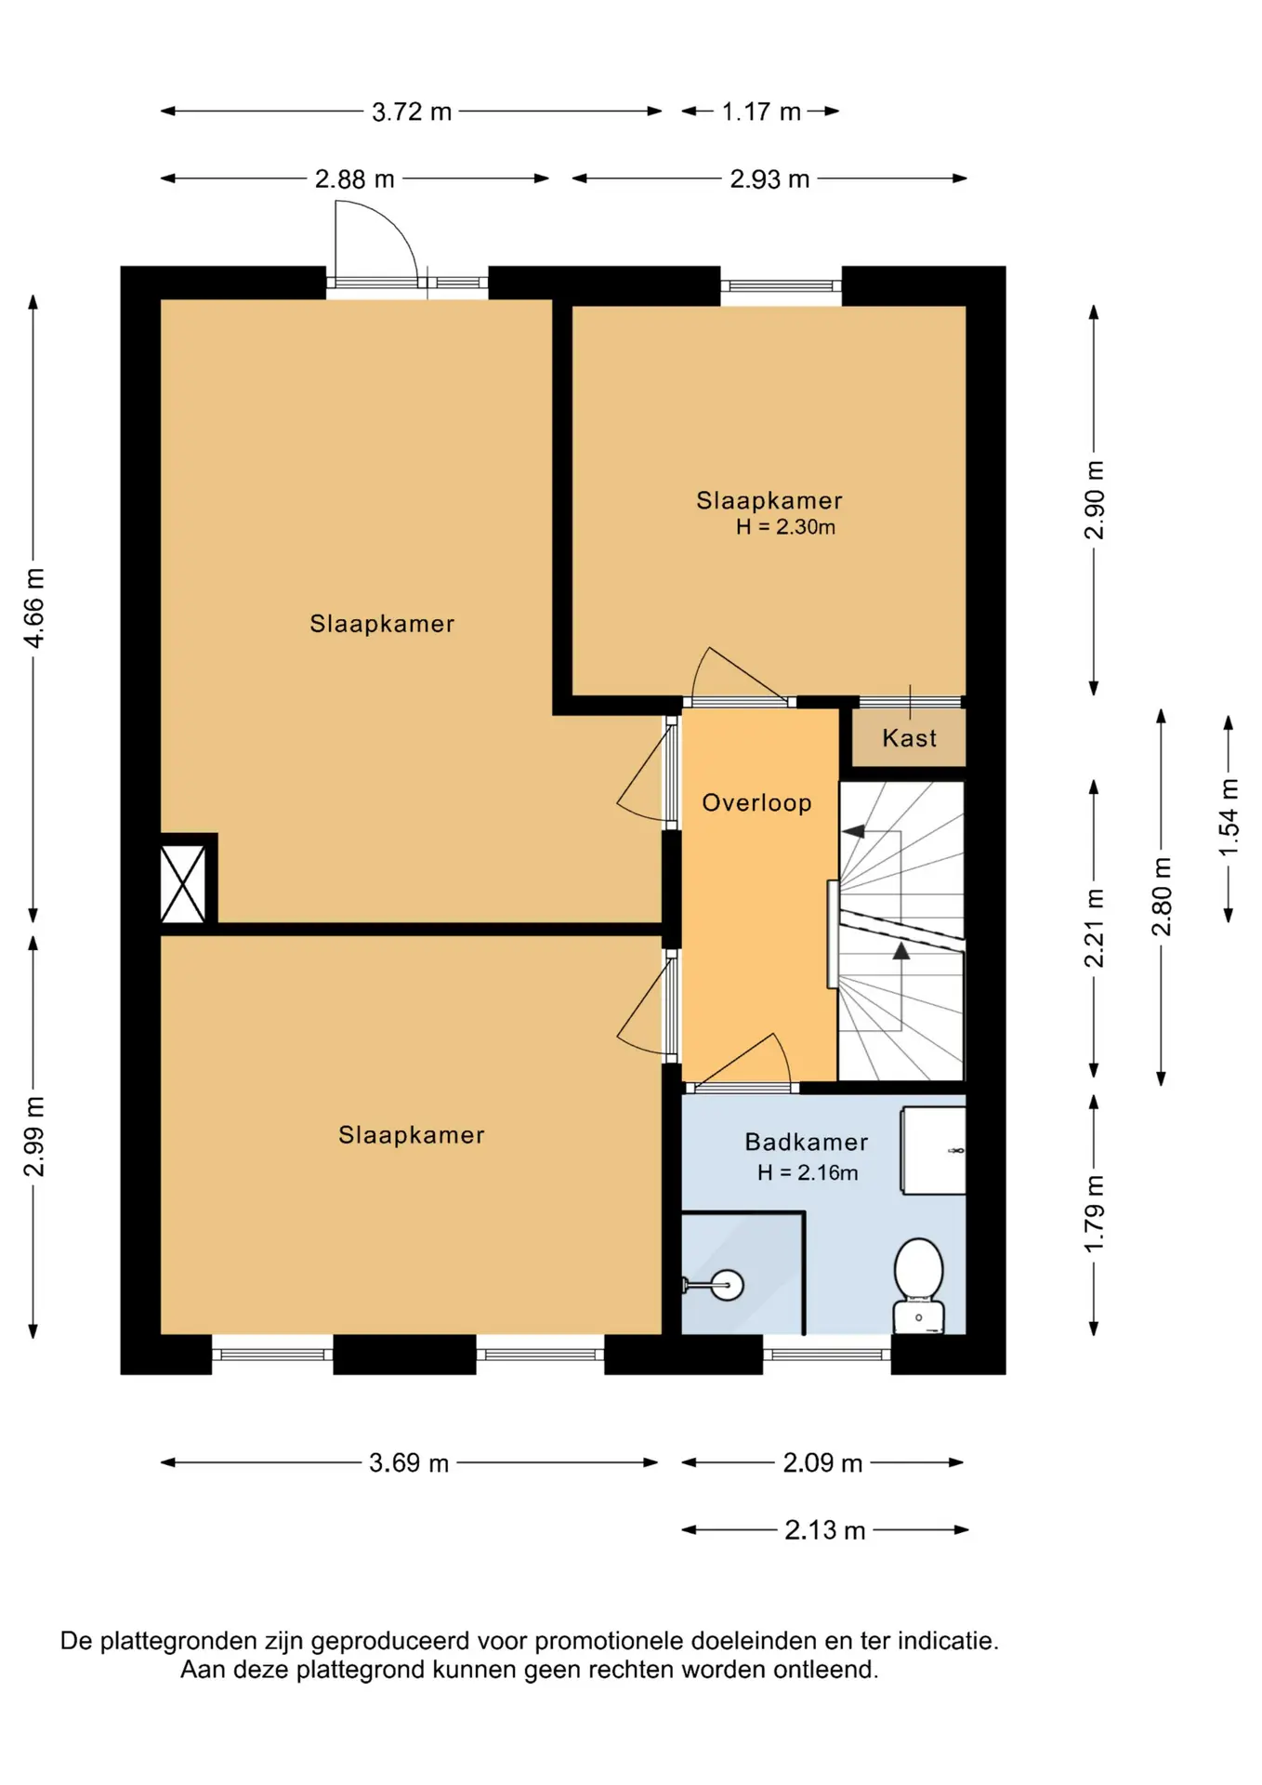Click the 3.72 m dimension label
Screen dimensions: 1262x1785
click(412, 112)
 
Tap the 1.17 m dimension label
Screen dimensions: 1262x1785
click(761, 112)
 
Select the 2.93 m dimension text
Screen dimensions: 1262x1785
click(769, 178)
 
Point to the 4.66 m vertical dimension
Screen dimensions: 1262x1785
click(33, 608)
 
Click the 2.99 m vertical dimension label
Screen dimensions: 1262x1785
click(33, 1136)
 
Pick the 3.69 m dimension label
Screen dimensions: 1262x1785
click(409, 1463)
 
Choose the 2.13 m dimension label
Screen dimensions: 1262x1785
click(825, 1530)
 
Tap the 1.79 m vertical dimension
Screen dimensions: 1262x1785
click(1095, 1213)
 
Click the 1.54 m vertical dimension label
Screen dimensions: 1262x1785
click(1229, 818)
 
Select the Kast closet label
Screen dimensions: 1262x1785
click(910, 738)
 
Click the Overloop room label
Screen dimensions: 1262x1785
click(756, 803)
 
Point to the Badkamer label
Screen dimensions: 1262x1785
click(807, 1143)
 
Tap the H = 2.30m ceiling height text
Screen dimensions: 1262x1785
click(785, 527)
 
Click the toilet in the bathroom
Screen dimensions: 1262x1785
click(918, 1287)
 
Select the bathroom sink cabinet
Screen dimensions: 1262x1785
click(933, 1150)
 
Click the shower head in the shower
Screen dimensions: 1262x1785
click(726, 1286)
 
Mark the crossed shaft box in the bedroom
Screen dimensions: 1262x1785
click(183, 884)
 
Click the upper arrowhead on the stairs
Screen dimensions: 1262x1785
click(853, 831)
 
